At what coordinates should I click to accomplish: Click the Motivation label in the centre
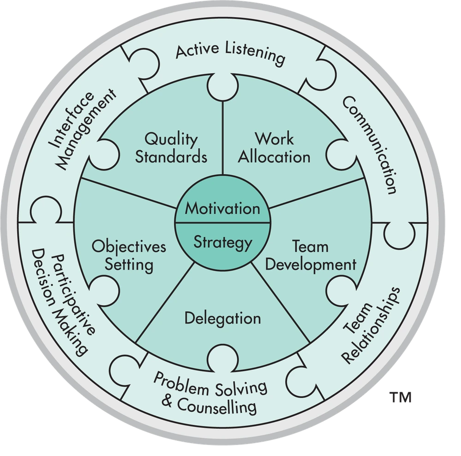point(222,208)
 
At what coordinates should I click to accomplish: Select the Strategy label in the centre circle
point(222,242)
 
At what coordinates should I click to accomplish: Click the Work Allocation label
point(276,148)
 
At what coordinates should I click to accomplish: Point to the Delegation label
point(222,318)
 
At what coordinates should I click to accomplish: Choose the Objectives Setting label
point(129,256)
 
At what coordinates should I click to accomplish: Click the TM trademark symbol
point(400,396)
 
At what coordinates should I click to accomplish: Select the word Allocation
point(276,157)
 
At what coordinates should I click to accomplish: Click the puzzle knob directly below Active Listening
point(222,87)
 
